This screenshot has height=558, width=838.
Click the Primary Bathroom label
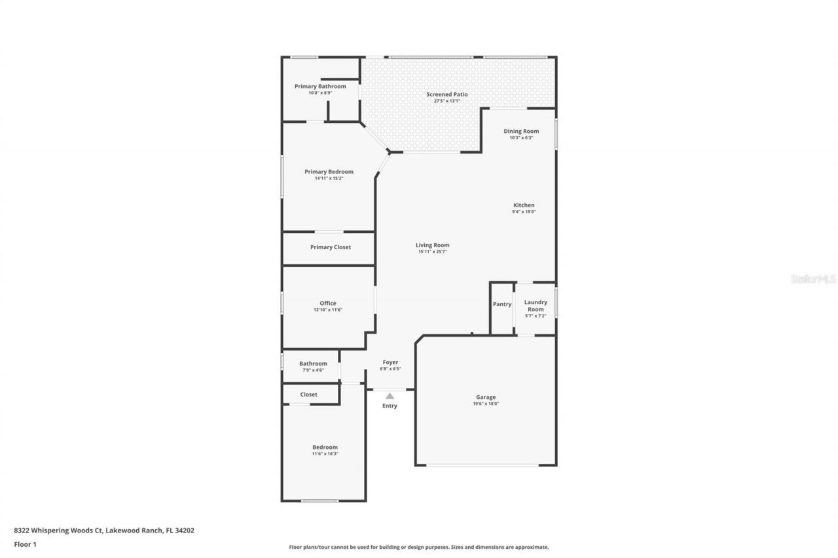[x=320, y=86]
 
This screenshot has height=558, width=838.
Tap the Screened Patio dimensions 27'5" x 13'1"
[x=447, y=101]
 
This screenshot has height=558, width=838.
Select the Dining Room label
[x=521, y=131]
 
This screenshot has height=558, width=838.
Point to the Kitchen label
[x=524, y=205]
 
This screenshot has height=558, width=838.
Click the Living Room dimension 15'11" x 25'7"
[x=432, y=252]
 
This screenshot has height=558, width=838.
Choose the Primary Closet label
[x=331, y=247]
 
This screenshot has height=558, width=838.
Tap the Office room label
[x=328, y=303]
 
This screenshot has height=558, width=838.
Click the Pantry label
[x=502, y=304]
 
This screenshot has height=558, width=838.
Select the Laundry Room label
[x=536, y=305]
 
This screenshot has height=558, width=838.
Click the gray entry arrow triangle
[x=390, y=396]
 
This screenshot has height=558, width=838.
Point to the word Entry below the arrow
[x=390, y=406]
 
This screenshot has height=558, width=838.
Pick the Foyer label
[x=390, y=362]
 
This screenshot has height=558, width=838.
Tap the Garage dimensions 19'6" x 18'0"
[x=486, y=404]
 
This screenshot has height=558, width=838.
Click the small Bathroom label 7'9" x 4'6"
[x=313, y=364]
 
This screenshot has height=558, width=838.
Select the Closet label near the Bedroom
[x=309, y=394]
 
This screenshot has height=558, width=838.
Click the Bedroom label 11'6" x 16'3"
[x=325, y=447]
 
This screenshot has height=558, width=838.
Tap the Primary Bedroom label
[x=329, y=171]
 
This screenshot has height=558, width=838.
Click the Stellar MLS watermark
[x=813, y=279]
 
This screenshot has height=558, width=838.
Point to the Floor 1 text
[x=25, y=544]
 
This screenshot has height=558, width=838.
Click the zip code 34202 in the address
[x=183, y=531]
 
